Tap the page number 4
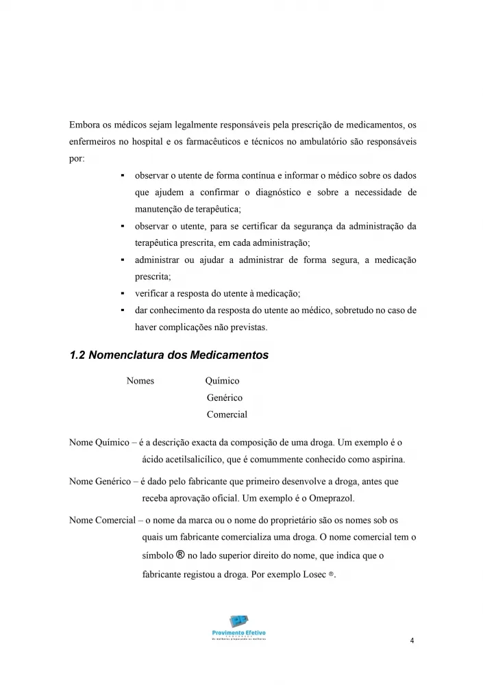[x=411, y=641]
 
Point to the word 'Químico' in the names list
[x=222, y=381]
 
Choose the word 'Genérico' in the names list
[x=224, y=397]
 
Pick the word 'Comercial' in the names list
[x=227, y=414]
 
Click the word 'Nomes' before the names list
[x=140, y=381]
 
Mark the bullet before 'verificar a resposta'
[x=121, y=294]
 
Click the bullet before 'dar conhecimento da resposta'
[x=121, y=310]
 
